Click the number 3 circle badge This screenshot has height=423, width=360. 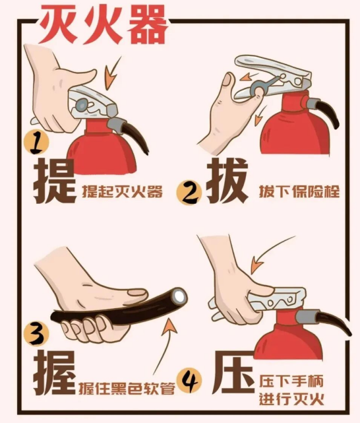[x=36, y=334]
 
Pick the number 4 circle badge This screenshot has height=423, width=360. [x=189, y=381]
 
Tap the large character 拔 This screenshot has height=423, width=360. [x=227, y=181]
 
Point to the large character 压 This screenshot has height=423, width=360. [x=233, y=373]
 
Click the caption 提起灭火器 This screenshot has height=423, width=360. [x=123, y=192]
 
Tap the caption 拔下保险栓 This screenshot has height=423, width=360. [x=299, y=191]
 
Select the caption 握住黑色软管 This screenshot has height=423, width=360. [x=127, y=388]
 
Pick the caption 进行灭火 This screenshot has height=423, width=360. [x=291, y=399]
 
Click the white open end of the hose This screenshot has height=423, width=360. [x=179, y=296]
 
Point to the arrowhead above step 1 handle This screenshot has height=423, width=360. [x=110, y=79]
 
